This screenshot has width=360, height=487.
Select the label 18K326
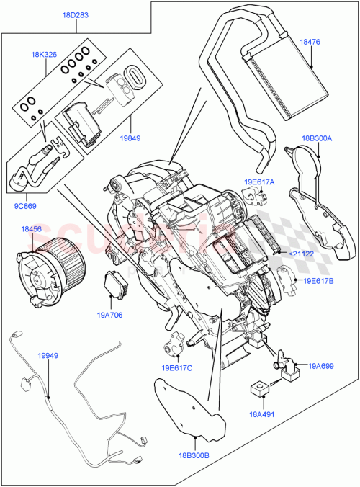click(44, 54)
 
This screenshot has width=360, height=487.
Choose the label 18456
click(32, 229)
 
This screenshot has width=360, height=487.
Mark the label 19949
click(48, 355)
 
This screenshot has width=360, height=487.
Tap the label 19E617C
click(172, 367)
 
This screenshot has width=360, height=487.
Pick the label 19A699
click(321, 367)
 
